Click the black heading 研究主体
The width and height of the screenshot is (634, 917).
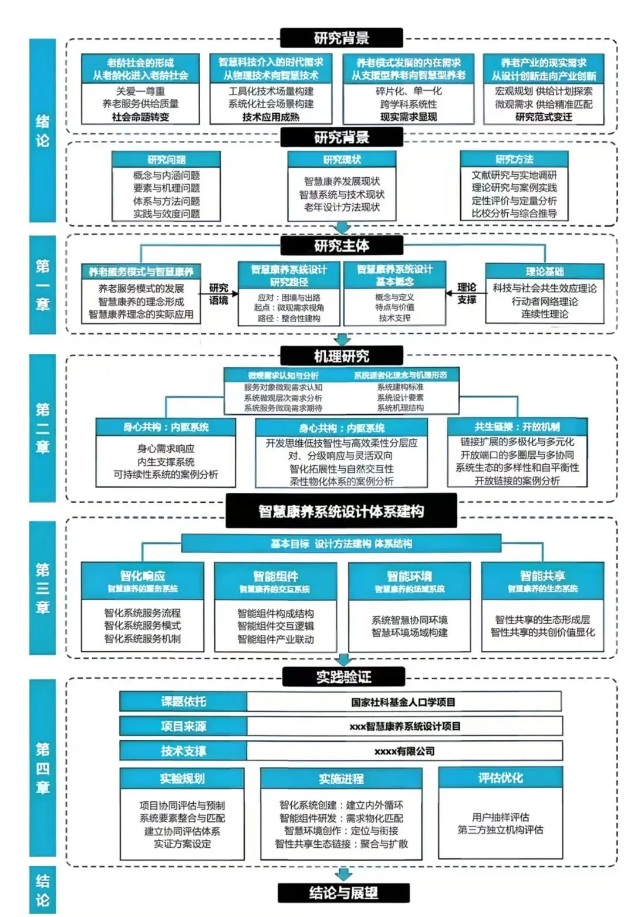[342, 245]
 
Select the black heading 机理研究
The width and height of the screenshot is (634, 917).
[342, 356]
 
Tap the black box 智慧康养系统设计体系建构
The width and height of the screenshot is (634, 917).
[341, 511]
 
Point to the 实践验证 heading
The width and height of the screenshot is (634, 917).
[343, 677]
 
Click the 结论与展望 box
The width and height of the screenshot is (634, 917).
[343, 893]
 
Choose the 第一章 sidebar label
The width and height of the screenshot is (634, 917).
[42, 285]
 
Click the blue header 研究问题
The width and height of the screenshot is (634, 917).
[166, 160]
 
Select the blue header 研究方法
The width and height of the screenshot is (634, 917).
[514, 159]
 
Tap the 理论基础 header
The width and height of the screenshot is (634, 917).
[544, 271]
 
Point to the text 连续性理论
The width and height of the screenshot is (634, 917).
[544, 314]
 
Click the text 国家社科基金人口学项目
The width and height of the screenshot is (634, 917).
[403, 702]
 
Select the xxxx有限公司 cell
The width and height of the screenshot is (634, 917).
[404, 751]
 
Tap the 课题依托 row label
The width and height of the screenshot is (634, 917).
[183, 702]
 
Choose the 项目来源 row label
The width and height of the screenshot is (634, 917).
[183, 726]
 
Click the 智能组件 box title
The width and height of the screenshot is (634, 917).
[275, 576]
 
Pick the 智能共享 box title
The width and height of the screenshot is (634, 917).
[542, 576]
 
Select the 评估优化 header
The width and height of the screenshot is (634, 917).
[500, 778]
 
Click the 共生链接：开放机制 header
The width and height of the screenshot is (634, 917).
[517, 427]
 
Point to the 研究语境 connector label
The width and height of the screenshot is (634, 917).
[218, 294]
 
